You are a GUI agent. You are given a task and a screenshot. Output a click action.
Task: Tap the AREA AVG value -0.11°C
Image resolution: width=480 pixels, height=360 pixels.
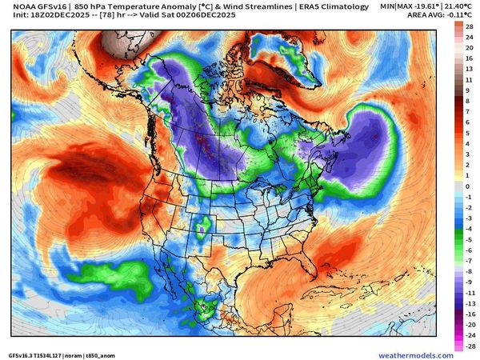[456, 15]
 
